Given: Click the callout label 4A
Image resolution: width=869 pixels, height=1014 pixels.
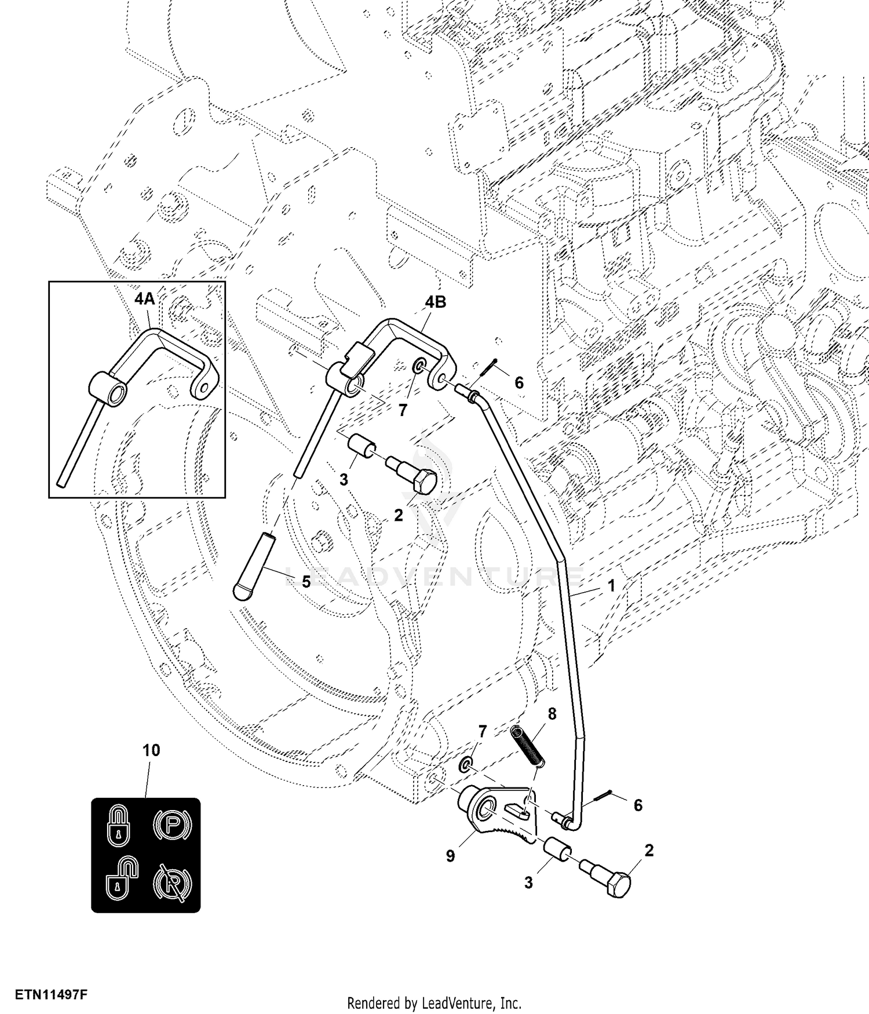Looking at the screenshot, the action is (x=144, y=299).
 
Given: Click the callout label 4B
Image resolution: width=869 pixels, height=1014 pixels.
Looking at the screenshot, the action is (x=436, y=302).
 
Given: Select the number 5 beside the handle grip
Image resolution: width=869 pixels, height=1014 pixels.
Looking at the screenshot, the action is (x=306, y=581).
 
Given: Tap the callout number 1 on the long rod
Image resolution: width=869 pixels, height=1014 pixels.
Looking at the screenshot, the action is (x=611, y=586).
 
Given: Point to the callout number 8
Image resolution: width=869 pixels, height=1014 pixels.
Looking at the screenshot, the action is (x=552, y=714).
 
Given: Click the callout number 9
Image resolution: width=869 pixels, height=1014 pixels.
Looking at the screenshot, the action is (x=451, y=856).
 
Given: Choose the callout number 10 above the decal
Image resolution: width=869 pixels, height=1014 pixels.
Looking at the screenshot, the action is (x=151, y=750).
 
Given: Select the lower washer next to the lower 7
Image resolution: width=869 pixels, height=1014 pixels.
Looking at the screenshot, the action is (x=465, y=767).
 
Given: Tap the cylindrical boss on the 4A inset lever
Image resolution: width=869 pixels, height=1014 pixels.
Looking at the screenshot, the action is (x=108, y=388).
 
